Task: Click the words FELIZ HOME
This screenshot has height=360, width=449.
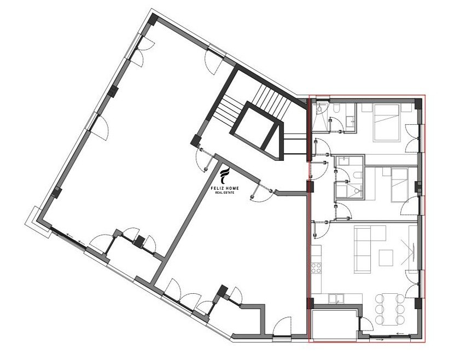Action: [225, 188]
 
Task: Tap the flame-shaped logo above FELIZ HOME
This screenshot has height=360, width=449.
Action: [225, 176]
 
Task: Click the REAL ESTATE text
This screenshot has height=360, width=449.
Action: [225, 193]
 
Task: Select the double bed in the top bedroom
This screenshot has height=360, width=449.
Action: [386, 123]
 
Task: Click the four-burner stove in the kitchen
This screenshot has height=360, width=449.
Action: [316, 268]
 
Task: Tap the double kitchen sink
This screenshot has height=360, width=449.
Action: [337, 299]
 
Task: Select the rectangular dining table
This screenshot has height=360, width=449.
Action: [390, 310]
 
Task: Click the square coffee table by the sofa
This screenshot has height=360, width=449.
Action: [386, 258]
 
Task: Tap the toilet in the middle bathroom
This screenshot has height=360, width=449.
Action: [357, 175]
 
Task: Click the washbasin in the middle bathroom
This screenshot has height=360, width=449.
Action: [342, 161]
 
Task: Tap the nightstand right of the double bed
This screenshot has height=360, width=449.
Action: [405, 108]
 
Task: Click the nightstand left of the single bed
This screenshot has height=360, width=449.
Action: [386, 172]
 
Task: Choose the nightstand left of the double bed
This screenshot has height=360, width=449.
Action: [366, 108]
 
